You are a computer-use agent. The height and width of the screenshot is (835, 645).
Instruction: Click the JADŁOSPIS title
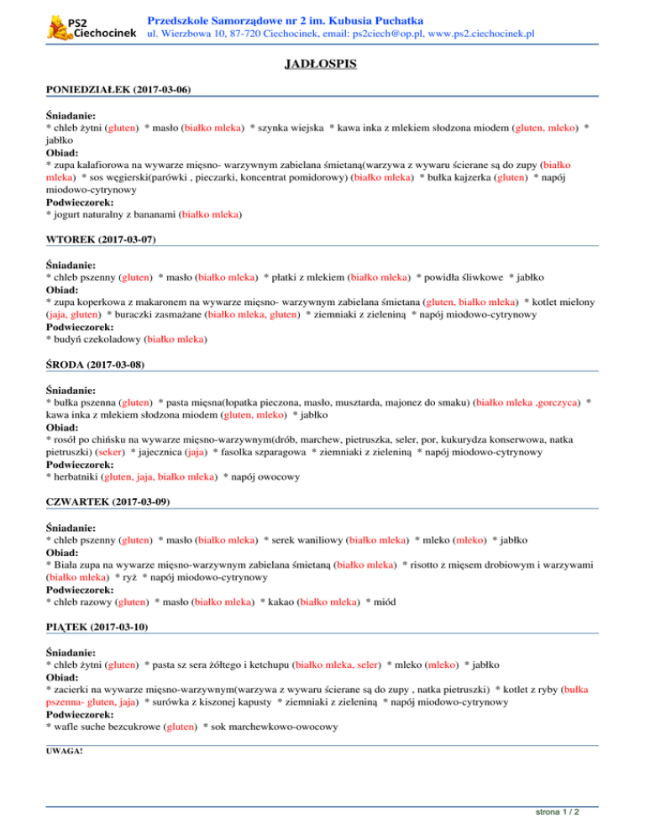coord(322,61)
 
